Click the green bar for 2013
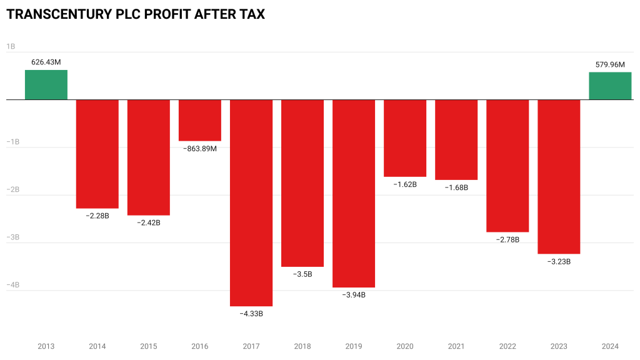coord(46,85)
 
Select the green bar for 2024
coord(610,86)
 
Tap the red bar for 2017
coord(251,202)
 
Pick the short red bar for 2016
coord(200,120)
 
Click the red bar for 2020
coord(405,138)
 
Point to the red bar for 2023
coord(559,176)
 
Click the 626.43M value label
coord(46,62)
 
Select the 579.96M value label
coord(610,64)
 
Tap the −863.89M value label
coord(200,149)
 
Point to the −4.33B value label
coord(251,314)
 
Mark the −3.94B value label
coord(354,295)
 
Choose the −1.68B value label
coord(456,187)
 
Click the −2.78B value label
coord(507,239)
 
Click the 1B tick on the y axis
coord(11,47)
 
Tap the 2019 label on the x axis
coord(354,346)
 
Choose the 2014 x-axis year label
coord(97,346)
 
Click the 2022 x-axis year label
coord(507,346)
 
